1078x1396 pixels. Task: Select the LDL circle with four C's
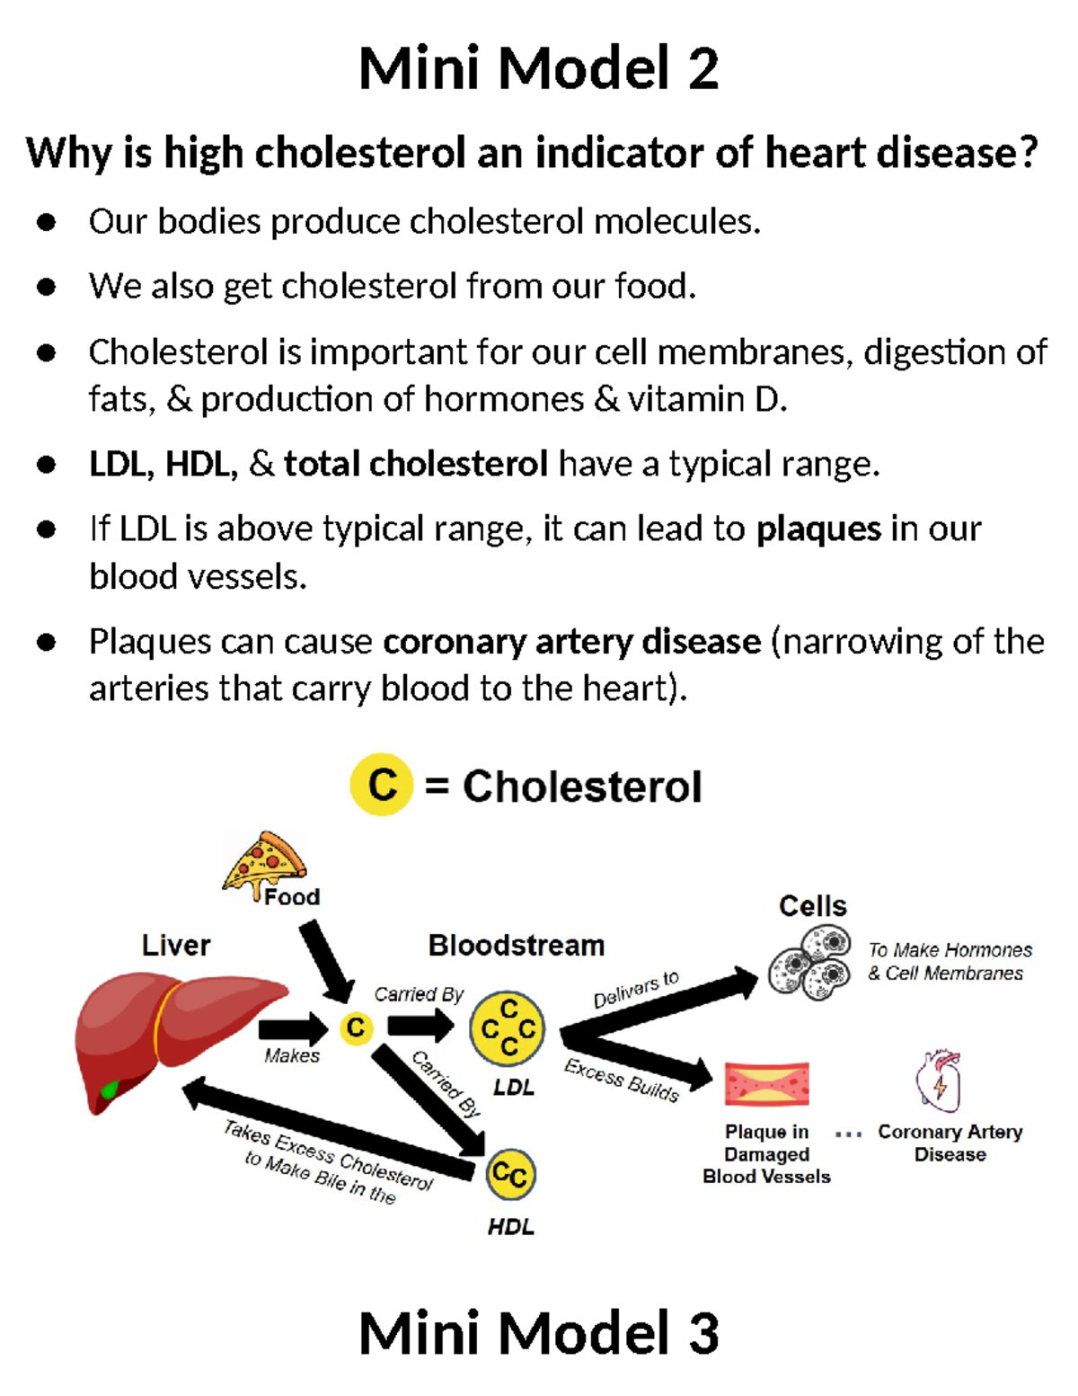pyautogui.click(x=508, y=1028)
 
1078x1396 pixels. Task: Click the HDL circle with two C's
pyautogui.click(x=510, y=1174)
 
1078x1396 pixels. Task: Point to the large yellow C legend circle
pyautogui.click(x=382, y=785)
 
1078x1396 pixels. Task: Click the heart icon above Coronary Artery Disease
pyautogui.click(x=939, y=1081)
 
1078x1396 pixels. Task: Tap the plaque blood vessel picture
pyautogui.click(x=766, y=1083)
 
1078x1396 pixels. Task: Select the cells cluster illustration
pyautogui.click(x=810, y=965)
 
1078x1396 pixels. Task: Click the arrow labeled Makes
pyautogui.click(x=293, y=1027)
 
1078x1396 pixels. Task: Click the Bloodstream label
pyautogui.click(x=516, y=946)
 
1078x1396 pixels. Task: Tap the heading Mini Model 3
pyautogui.click(x=538, y=1332)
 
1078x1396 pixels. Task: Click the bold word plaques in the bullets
pyautogui.click(x=818, y=529)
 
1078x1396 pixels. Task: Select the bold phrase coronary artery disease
pyautogui.click(x=571, y=642)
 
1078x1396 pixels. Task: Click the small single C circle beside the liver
pyautogui.click(x=356, y=1027)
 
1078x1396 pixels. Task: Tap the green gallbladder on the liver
pyautogui.click(x=110, y=1089)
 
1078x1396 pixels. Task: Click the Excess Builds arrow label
pyautogui.click(x=622, y=1079)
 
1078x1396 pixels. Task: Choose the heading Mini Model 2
pyautogui.click(x=538, y=68)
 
